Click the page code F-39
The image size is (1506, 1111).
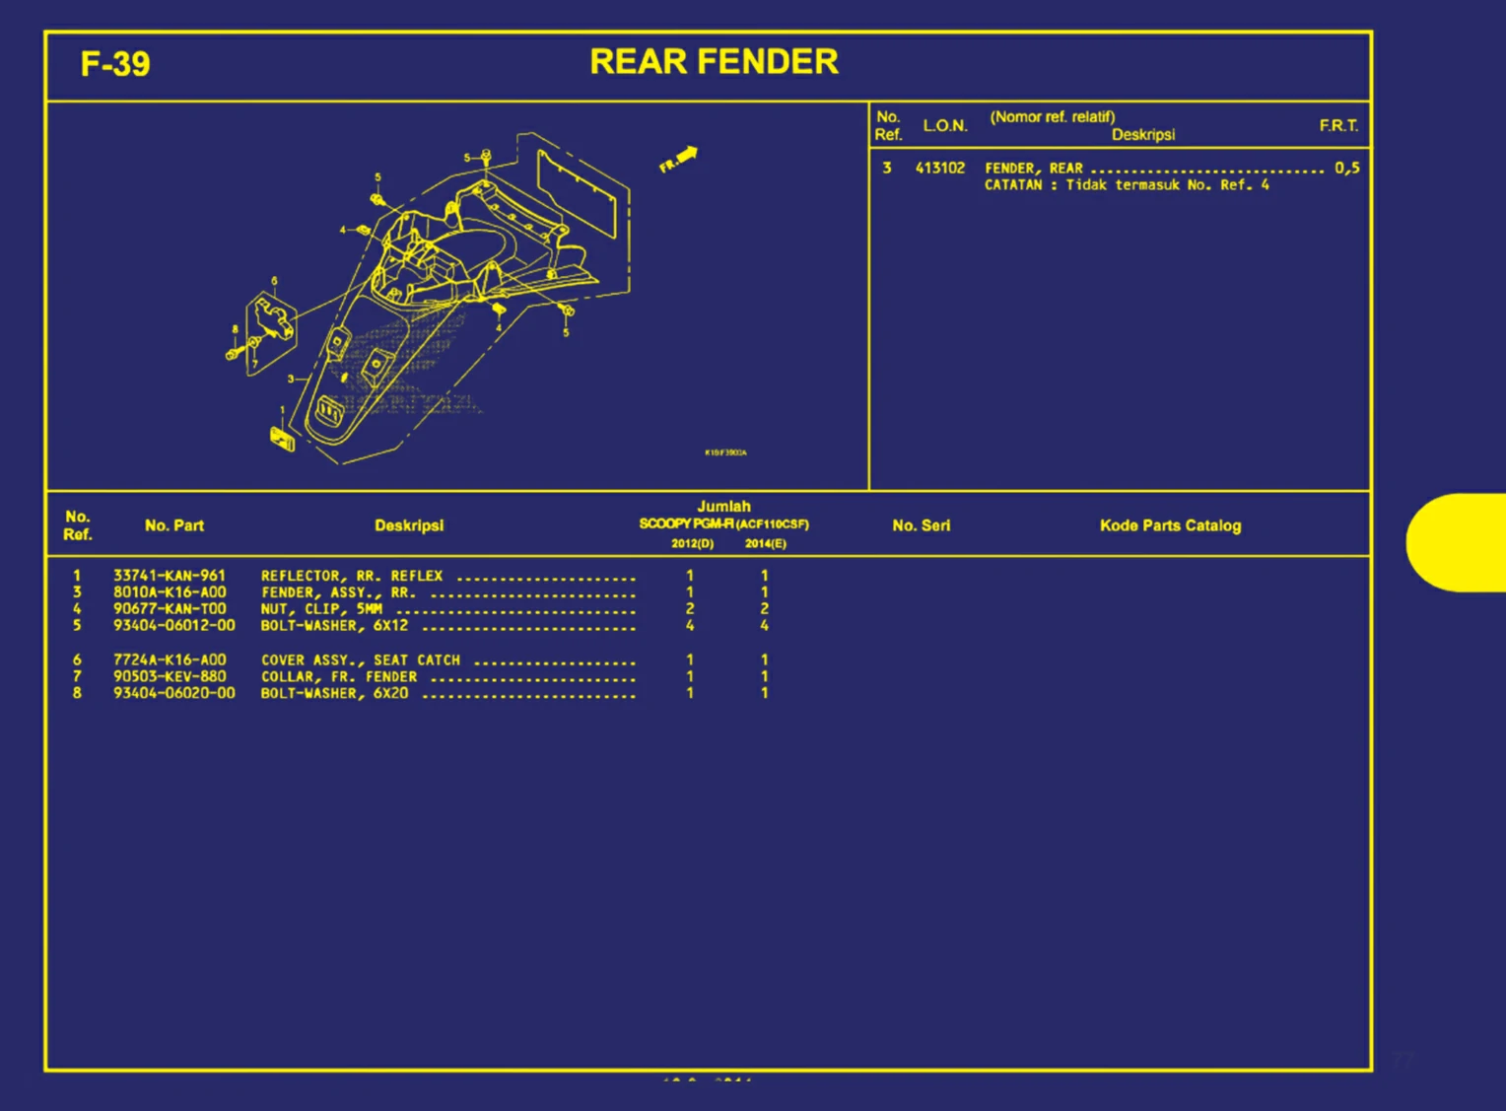[115, 65]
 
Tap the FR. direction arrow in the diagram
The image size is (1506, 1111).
[679, 159]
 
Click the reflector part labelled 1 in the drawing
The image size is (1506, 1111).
[283, 437]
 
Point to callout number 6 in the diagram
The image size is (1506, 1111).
[274, 281]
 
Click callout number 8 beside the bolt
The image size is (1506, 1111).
[235, 330]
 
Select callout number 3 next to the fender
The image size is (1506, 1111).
[290, 379]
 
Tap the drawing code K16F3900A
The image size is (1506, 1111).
[725, 452]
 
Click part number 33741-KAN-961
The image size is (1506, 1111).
[170, 576]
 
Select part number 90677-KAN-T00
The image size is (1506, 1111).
[170, 609]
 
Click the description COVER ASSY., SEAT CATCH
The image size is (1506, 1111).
[361, 660]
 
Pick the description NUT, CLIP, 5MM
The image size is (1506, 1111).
[321, 609]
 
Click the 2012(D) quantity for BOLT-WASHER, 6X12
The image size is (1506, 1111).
[690, 626]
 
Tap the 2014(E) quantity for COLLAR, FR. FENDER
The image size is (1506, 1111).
[764, 677]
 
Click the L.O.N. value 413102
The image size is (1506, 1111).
[940, 169]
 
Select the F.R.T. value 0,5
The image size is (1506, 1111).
[1347, 169]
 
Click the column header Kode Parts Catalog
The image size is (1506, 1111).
[1170, 526]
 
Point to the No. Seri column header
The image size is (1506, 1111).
[922, 526]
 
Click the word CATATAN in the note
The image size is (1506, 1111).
[1013, 185]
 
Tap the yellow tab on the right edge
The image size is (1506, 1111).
[1457, 542]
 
